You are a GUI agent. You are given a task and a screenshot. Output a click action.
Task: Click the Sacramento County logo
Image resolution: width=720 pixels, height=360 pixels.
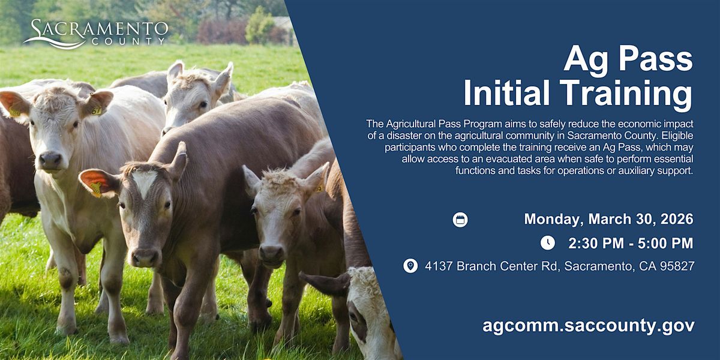(x=96, y=34)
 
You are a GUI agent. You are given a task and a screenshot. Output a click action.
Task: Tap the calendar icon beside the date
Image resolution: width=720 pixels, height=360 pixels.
(x=460, y=220)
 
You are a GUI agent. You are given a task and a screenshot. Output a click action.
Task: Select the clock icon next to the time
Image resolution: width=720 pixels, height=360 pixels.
(x=548, y=242)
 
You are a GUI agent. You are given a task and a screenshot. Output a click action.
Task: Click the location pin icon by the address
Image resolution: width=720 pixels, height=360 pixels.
(x=410, y=266)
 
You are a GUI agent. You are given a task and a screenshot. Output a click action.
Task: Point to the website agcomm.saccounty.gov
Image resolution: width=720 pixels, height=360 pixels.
(x=588, y=325)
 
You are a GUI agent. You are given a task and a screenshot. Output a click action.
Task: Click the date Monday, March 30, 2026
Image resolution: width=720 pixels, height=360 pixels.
(x=608, y=219)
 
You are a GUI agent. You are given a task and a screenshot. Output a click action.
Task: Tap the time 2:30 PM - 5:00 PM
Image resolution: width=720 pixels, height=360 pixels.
(x=631, y=244)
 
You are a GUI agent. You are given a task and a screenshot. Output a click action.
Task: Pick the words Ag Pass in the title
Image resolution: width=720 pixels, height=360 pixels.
(x=628, y=60)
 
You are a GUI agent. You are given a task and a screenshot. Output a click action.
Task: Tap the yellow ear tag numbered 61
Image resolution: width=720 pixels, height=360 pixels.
(x=96, y=110)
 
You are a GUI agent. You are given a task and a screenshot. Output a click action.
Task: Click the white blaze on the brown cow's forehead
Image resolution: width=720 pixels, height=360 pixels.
(x=145, y=182)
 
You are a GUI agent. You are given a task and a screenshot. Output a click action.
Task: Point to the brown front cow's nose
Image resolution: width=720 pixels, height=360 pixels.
(x=145, y=257)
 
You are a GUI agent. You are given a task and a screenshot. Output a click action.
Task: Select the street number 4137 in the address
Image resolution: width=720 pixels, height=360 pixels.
(x=439, y=266)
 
